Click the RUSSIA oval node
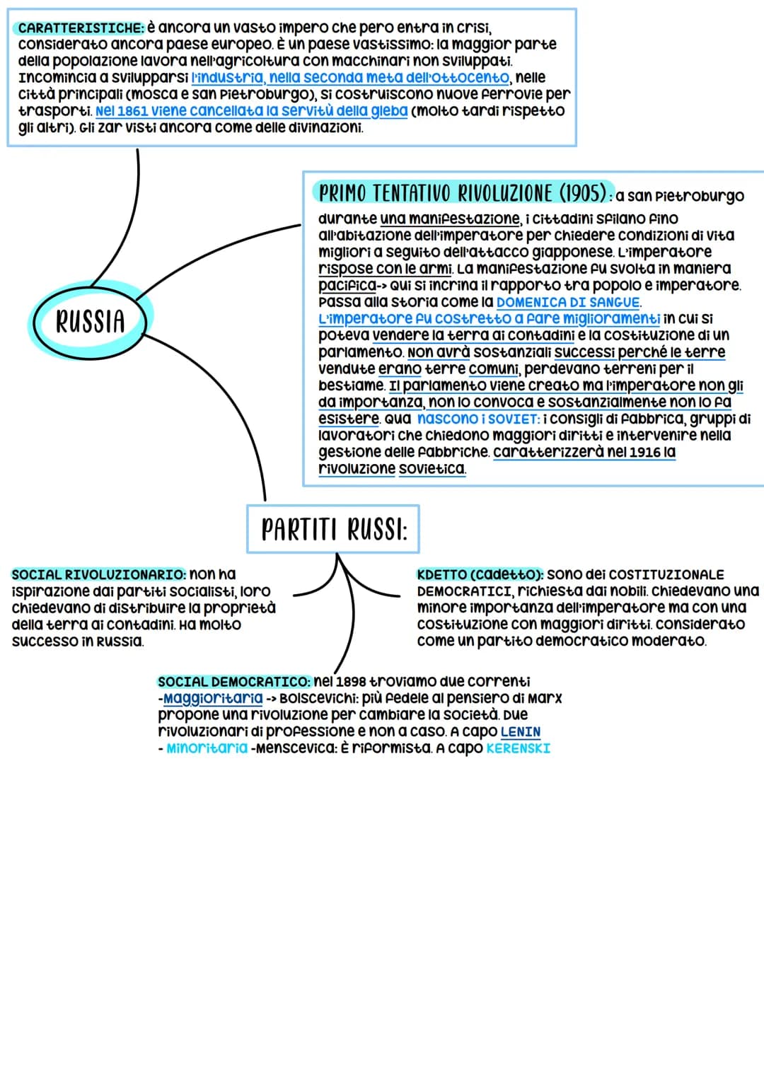click(x=90, y=321)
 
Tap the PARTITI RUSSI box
click(x=333, y=529)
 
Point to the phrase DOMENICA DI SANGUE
click(x=567, y=302)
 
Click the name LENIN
click(x=520, y=732)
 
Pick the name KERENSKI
click(x=518, y=748)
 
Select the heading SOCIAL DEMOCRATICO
click(x=233, y=682)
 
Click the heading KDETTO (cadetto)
click(x=480, y=574)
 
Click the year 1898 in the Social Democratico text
click(x=351, y=682)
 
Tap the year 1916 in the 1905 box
click(x=643, y=452)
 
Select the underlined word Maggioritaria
click(x=212, y=699)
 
